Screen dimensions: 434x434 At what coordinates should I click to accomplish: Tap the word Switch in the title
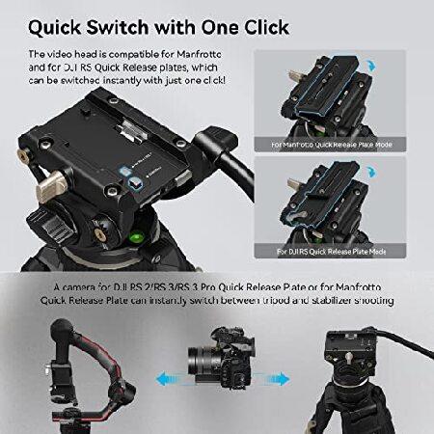click(x=147, y=22)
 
